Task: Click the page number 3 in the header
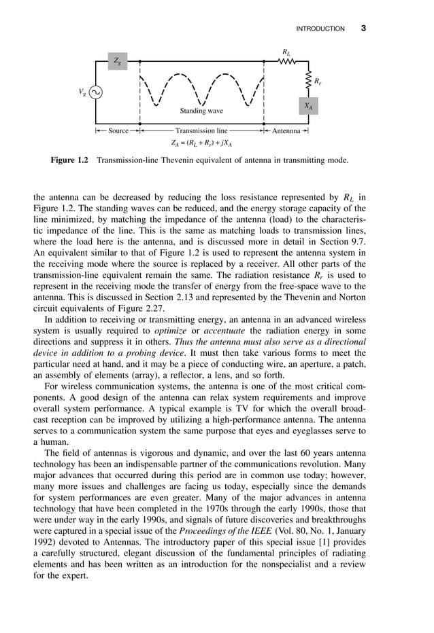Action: [x=363, y=29]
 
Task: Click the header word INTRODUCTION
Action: [x=320, y=29]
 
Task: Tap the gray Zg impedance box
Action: [x=118, y=62]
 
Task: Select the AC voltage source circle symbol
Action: [x=95, y=92]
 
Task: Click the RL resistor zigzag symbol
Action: [x=286, y=61]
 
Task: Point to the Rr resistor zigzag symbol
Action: [x=308, y=82]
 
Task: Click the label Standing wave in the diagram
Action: [x=201, y=110]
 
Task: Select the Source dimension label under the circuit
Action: [x=118, y=130]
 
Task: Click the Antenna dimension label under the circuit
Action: [x=286, y=130]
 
